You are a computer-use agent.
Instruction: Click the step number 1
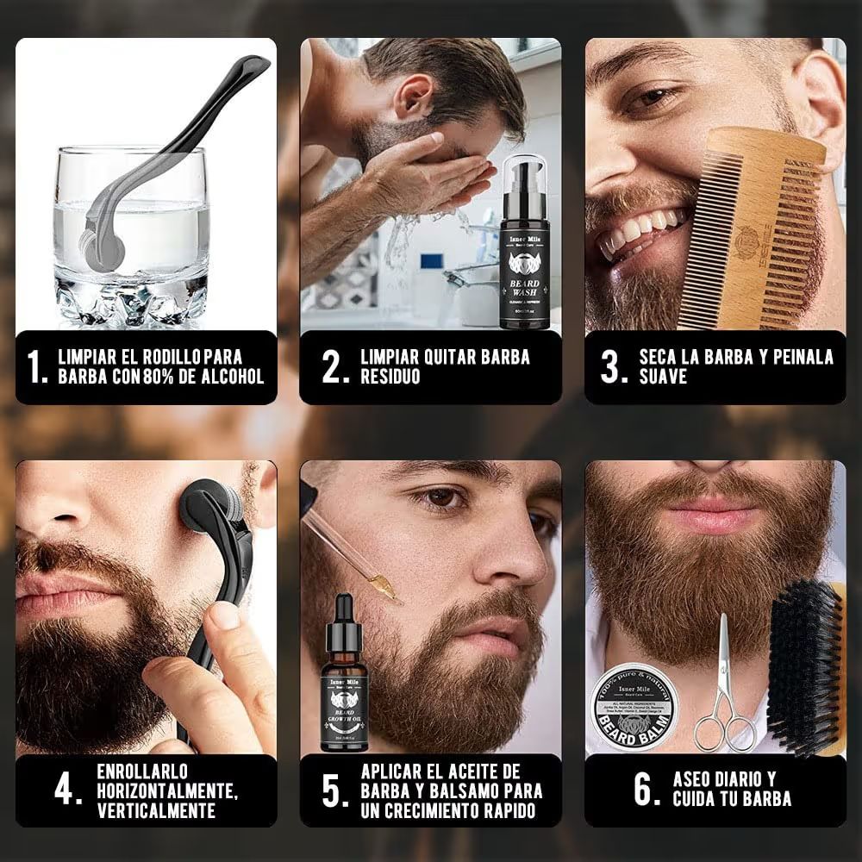(35, 367)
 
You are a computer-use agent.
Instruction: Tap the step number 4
(68, 791)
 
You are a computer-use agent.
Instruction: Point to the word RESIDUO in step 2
(390, 378)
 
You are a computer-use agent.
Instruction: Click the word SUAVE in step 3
(663, 378)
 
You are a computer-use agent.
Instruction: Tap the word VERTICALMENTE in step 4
(156, 811)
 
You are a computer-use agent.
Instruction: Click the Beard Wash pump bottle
(525, 246)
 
